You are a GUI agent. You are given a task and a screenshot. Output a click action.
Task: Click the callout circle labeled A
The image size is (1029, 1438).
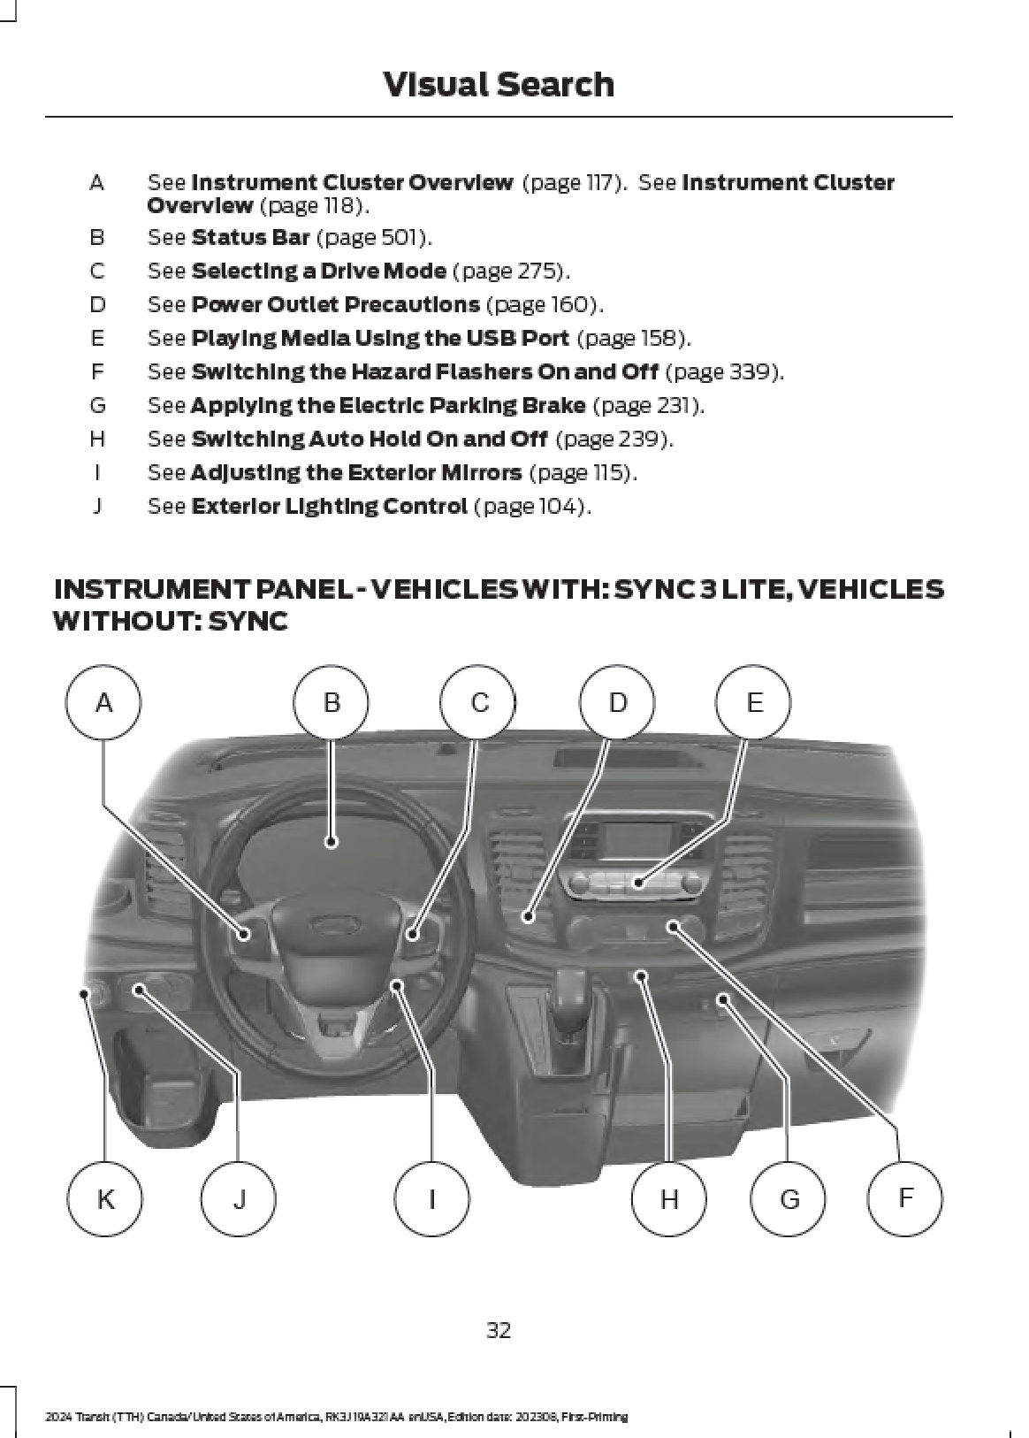pos(103,703)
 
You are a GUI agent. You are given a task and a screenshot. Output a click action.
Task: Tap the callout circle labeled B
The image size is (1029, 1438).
pos(332,703)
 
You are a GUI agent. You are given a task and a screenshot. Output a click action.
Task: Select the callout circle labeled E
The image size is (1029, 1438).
pos(754,703)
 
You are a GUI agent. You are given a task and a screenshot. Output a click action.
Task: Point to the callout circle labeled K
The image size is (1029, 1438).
pos(105,1199)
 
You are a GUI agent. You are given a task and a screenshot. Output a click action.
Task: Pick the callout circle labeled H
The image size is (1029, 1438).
pos(669,1199)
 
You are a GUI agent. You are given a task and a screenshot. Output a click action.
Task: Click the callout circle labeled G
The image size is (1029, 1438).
pos(789,1199)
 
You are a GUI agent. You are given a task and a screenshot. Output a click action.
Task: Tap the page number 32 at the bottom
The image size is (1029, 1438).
pos(499,1330)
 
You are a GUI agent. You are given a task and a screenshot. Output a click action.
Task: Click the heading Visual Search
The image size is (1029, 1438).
pos(499,85)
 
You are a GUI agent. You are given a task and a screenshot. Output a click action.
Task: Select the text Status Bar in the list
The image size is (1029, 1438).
pos(250,237)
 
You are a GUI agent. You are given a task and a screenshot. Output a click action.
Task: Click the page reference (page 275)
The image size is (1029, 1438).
pos(511,271)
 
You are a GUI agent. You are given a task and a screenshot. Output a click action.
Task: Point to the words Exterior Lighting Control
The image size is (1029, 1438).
pos(328,507)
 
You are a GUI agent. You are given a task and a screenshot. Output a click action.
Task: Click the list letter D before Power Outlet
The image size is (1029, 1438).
pos(96,304)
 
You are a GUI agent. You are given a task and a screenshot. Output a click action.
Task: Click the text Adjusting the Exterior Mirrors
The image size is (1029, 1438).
pos(355,473)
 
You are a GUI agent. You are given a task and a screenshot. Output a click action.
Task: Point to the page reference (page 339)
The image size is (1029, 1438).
pos(723,371)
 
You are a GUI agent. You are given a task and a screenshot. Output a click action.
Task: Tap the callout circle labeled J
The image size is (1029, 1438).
pos(239,1199)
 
